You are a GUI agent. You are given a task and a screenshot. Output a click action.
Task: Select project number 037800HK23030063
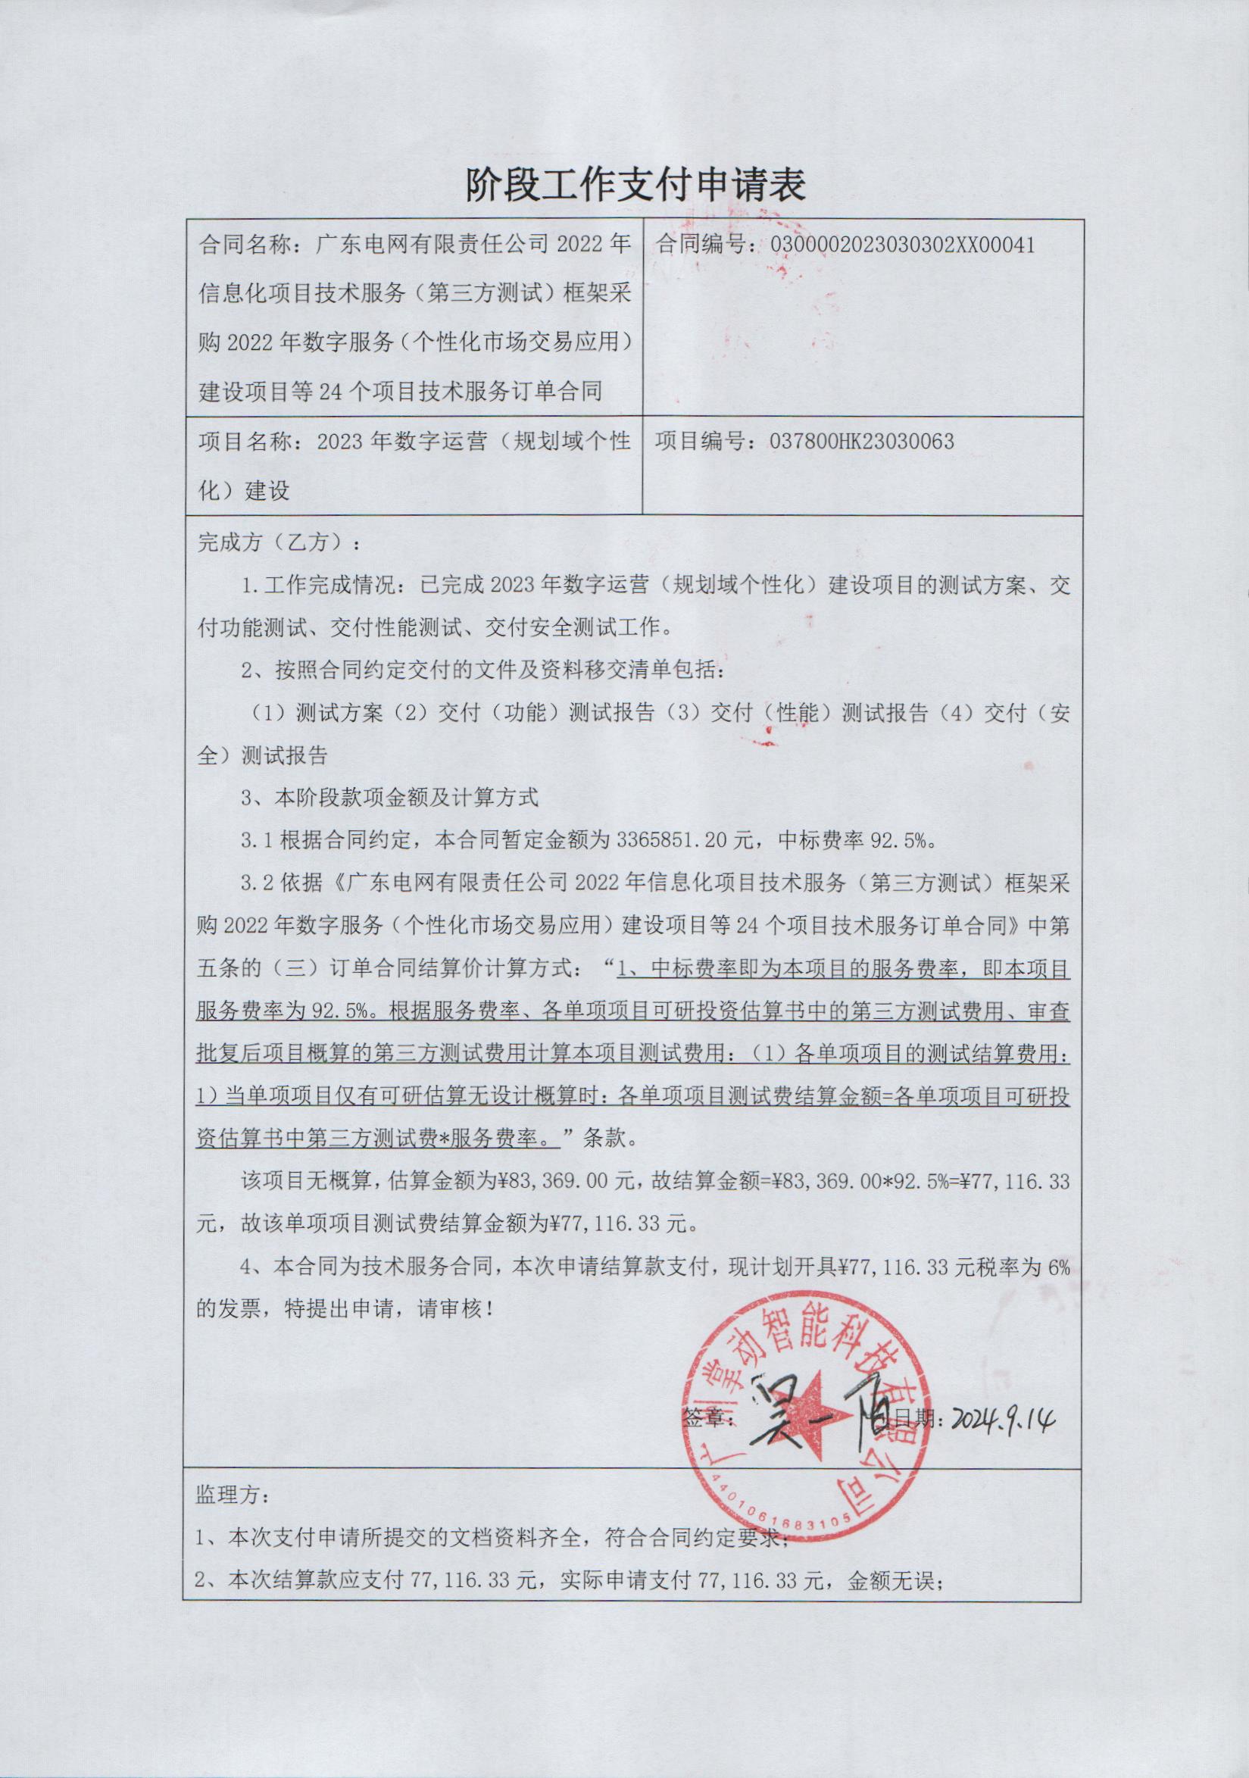[862, 442]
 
